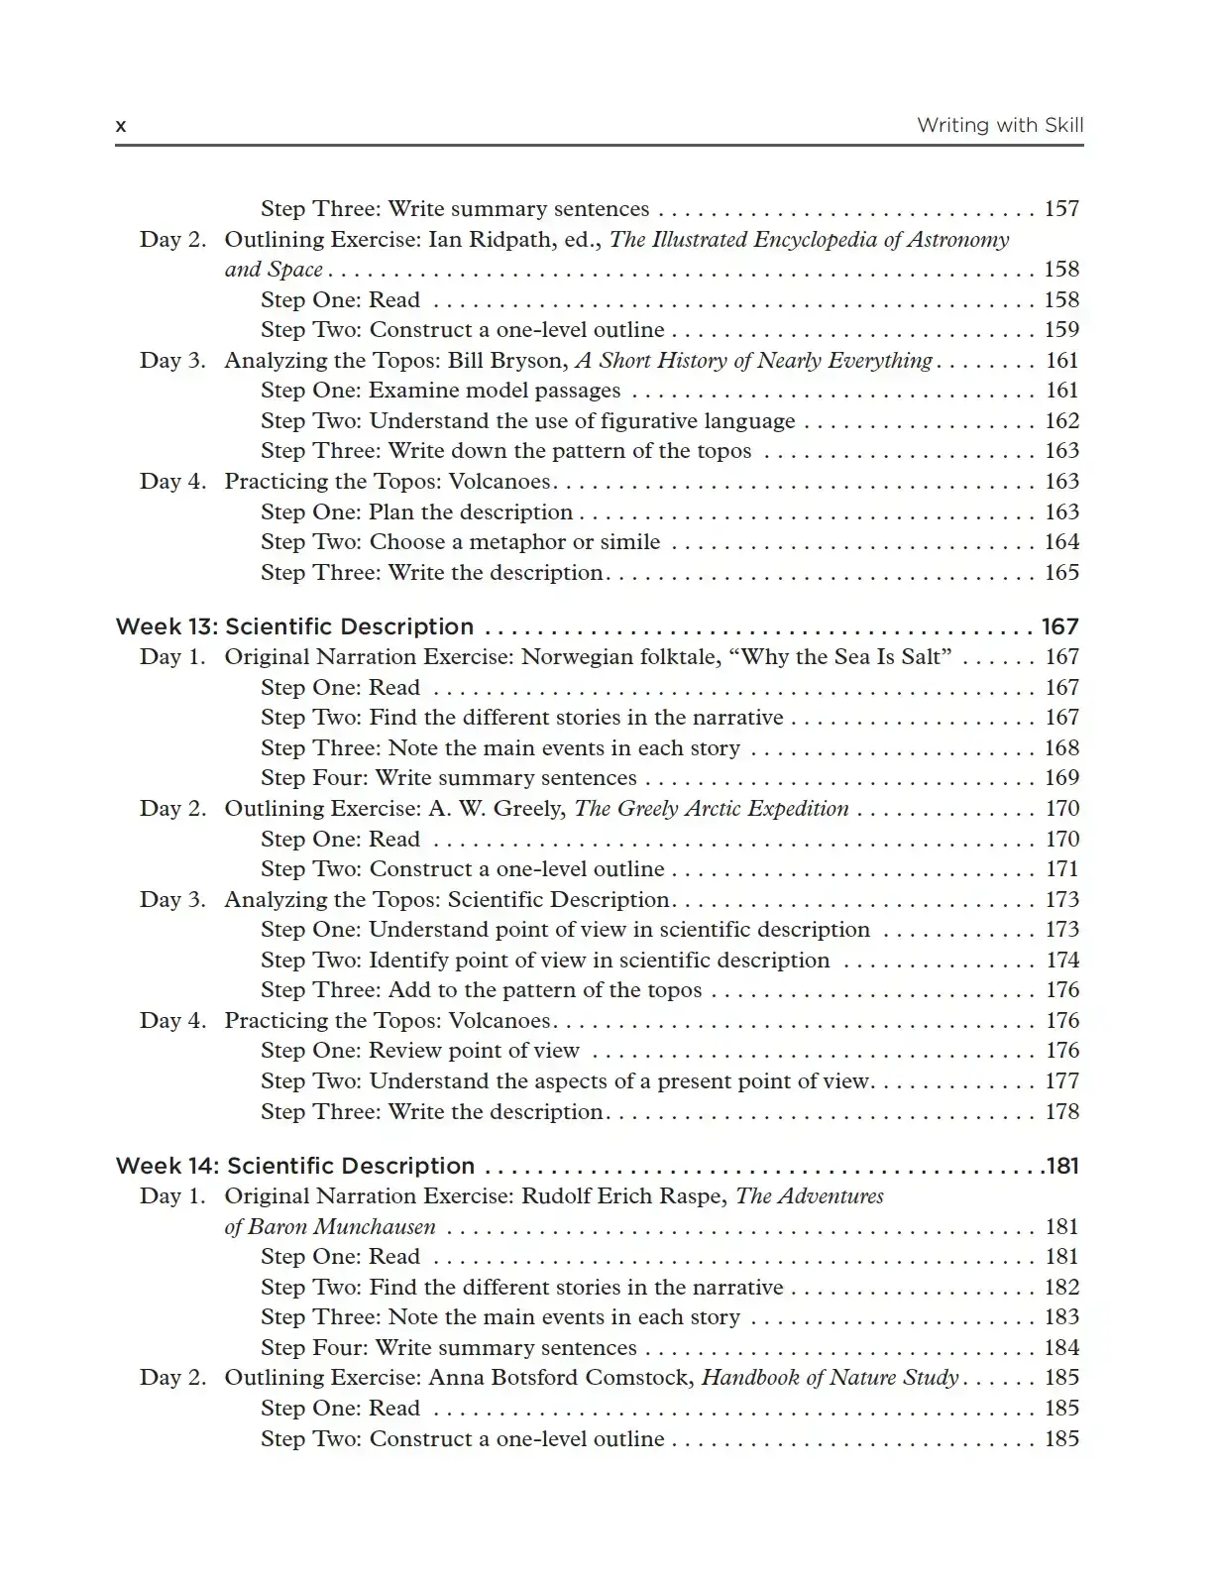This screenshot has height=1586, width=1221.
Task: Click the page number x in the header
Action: (x=121, y=126)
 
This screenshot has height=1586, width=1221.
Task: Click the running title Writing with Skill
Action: (x=999, y=125)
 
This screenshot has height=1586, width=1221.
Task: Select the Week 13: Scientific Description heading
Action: (x=294, y=626)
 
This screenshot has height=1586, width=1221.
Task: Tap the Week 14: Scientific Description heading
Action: (x=294, y=1166)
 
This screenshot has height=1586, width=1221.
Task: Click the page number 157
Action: (x=1061, y=209)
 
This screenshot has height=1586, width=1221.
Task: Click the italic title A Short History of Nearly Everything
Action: (x=754, y=361)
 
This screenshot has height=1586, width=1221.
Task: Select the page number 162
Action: (x=1061, y=421)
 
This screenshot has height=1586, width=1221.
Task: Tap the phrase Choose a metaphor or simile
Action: (x=514, y=542)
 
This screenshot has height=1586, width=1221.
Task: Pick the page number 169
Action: (x=1061, y=778)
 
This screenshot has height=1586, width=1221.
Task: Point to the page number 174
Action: (x=1061, y=961)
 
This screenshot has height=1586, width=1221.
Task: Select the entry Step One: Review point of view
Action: (x=420, y=1051)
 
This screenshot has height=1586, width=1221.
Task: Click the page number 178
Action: (x=1061, y=1112)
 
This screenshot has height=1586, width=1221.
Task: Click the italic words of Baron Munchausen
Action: (x=330, y=1227)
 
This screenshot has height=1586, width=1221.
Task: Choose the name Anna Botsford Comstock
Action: (x=561, y=1378)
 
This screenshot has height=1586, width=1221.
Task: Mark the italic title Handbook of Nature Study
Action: (x=830, y=1378)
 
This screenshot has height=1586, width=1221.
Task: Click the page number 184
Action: (x=1061, y=1348)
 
